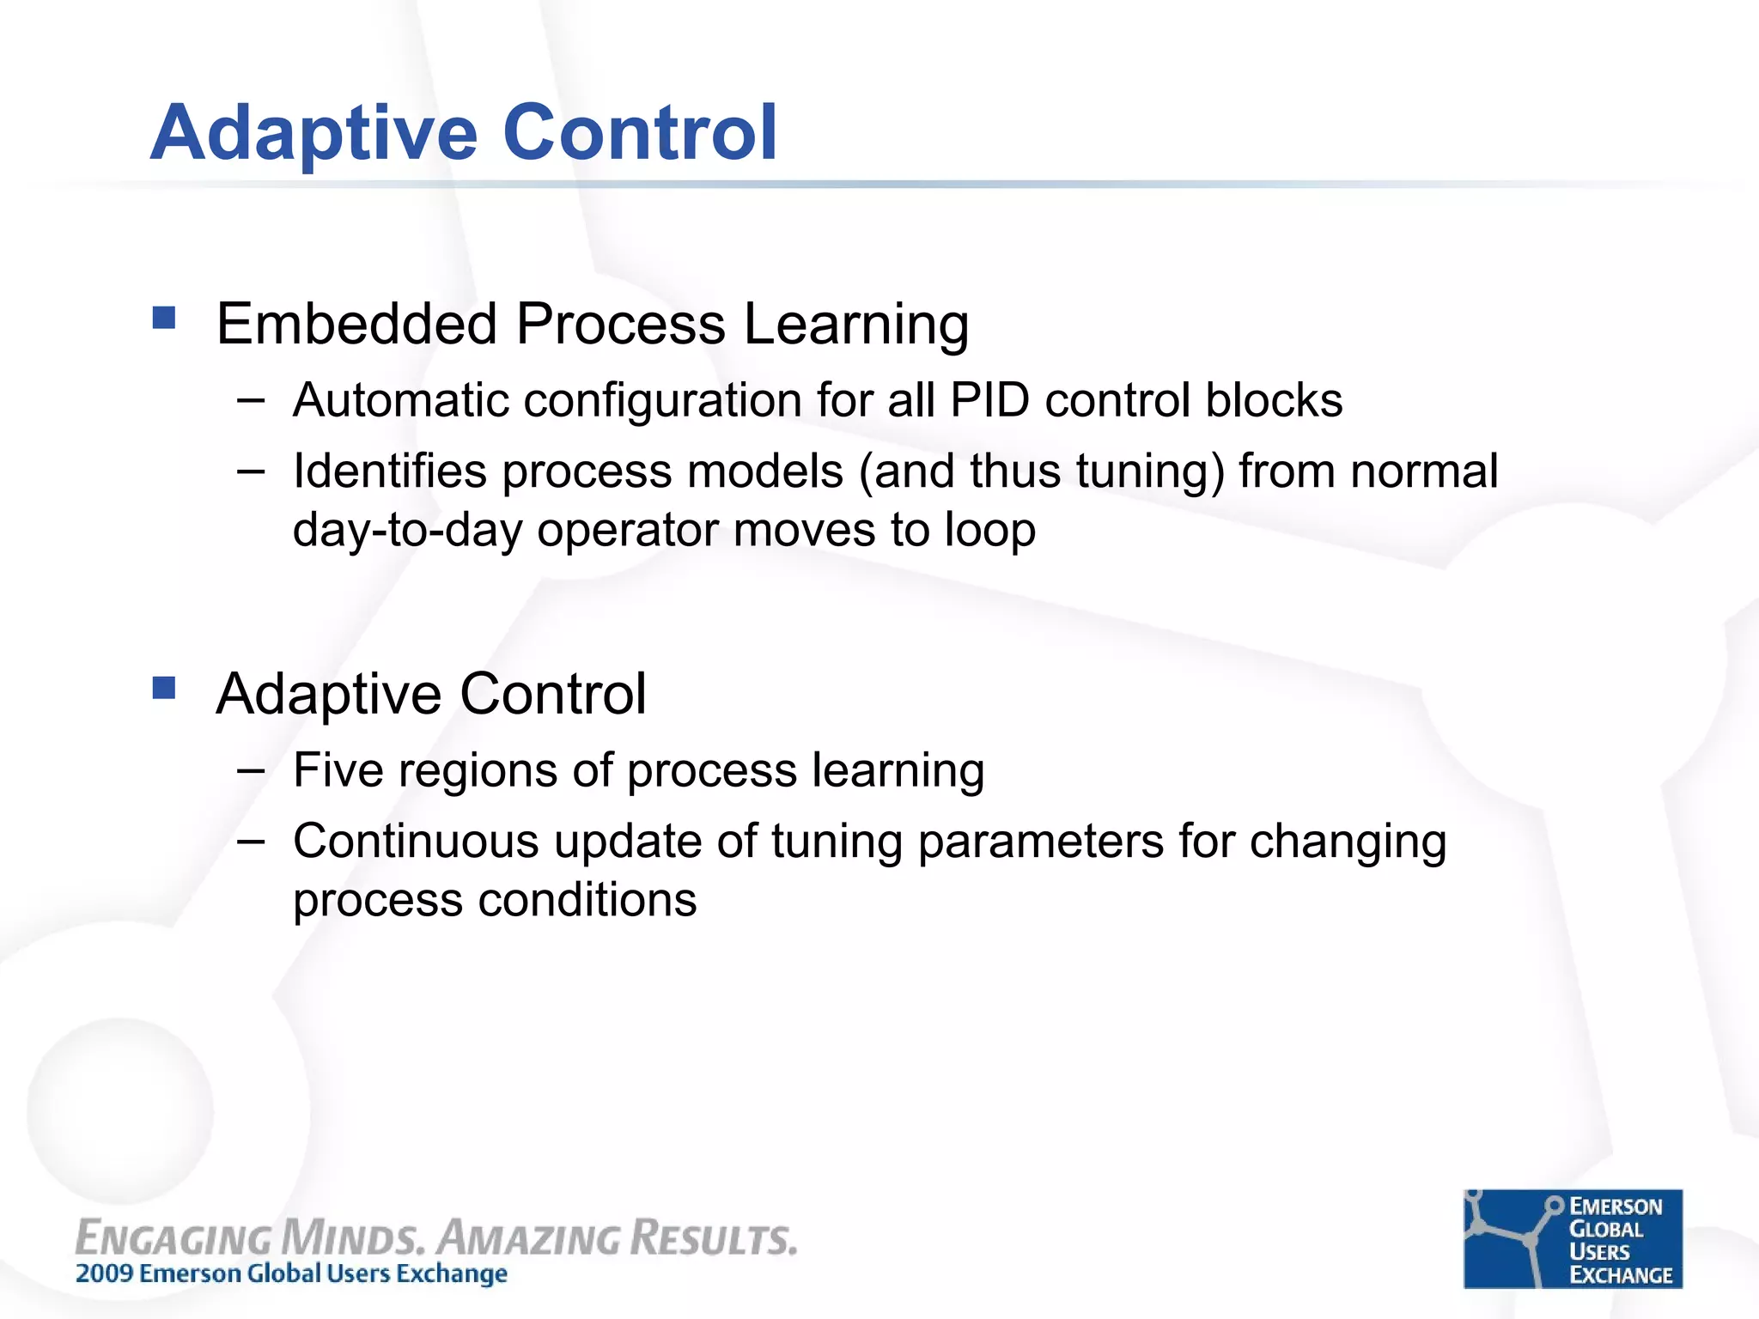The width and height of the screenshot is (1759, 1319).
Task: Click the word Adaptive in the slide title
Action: pos(313,133)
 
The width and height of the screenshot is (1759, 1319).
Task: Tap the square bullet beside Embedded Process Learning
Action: pos(164,319)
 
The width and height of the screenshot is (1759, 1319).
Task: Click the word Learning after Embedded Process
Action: pos(856,326)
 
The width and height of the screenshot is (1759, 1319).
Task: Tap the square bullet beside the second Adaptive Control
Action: pos(164,688)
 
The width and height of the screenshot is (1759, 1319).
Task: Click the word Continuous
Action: pos(416,841)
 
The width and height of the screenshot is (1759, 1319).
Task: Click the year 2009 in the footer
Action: pos(103,1273)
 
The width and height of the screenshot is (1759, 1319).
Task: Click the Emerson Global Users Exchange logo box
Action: pos(1573,1238)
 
